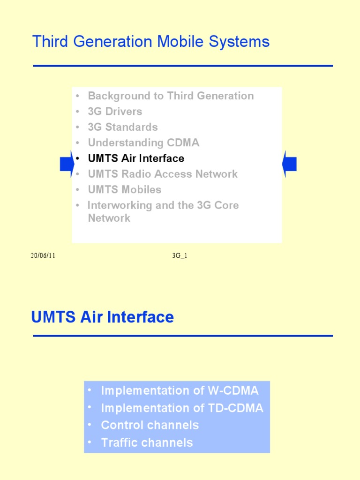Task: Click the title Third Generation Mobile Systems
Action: tap(150, 42)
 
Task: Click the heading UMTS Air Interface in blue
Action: tap(102, 317)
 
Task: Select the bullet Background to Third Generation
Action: tap(171, 96)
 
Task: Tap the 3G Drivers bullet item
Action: tap(115, 112)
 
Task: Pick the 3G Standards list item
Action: tap(122, 127)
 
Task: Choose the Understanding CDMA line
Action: tap(143, 142)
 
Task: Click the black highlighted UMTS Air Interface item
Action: tap(136, 158)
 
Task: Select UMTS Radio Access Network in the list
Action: tap(163, 174)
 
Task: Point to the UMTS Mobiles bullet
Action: tap(124, 190)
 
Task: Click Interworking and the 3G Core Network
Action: tap(163, 211)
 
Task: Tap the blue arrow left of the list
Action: tap(66, 164)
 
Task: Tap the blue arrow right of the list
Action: tap(289, 164)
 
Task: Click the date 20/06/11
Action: tap(43, 256)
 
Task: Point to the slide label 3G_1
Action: tap(180, 256)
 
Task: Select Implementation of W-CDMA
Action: tap(180, 390)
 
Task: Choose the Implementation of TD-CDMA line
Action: tap(182, 408)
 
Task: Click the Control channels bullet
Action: tap(150, 425)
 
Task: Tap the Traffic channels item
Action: tap(147, 442)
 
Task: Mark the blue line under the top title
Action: tap(183, 66)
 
